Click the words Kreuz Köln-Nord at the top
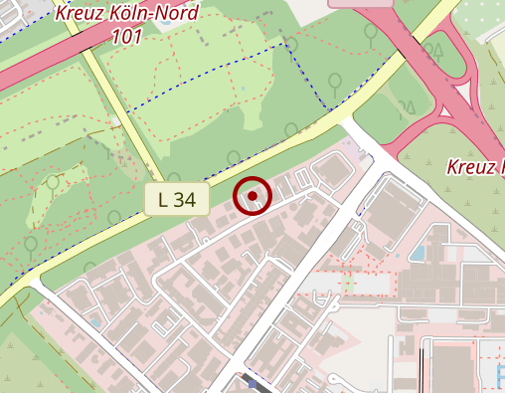(x=128, y=13)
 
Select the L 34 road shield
(x=177, y=198)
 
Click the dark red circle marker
(x=252, y=196)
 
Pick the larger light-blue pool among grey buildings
(x=419, y=253)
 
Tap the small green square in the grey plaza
(x=348, y=285)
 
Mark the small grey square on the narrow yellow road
(x=116, y=121)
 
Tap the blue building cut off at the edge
(x=499, y=374)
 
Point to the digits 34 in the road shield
(x=185, y=198)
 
